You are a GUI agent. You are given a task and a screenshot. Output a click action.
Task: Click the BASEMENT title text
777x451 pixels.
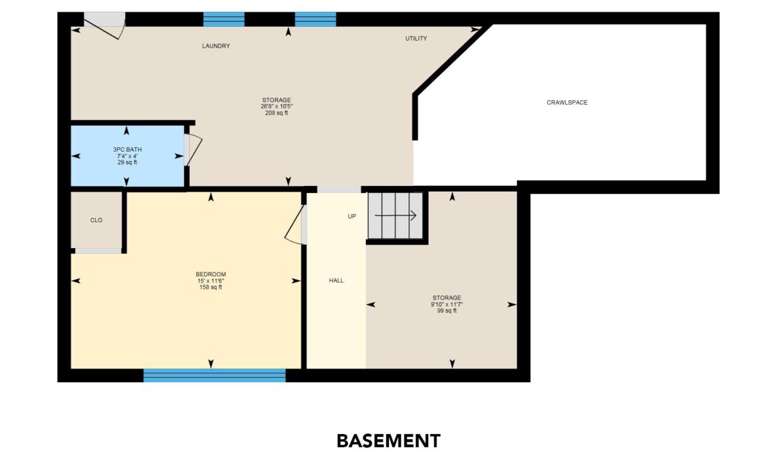pos(388,441)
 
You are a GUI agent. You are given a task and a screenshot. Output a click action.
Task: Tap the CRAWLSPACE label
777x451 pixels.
pos(567,103)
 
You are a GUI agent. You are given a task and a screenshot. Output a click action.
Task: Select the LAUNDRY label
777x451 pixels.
pos(216,46)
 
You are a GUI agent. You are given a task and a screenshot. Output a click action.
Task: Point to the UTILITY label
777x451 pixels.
pos(416,38)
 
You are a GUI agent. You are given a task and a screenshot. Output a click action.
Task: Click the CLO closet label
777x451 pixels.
pos(96,220)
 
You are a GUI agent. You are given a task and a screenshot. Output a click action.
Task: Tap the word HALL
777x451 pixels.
pos(336,281)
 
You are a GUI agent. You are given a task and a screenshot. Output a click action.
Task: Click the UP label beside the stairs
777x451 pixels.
pos(352,216)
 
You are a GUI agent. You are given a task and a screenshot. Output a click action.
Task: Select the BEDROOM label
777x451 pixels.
pos(211,274)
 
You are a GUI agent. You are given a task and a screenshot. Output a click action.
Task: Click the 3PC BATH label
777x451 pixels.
pos(127,150)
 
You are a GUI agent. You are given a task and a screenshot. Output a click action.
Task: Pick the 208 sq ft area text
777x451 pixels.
pos(276,113)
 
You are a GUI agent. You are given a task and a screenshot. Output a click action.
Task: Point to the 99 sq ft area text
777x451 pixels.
pos(447,311)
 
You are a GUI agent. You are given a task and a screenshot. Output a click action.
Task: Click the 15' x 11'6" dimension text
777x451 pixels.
pos(211,281)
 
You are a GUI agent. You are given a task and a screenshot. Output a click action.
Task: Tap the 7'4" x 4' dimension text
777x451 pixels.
pos(127,156)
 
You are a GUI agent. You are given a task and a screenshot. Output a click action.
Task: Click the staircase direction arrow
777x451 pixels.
pos(395,215)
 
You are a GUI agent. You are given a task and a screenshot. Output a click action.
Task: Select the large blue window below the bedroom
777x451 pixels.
pos(214,375)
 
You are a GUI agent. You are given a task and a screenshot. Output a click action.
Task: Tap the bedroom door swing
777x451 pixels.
pos(294,225)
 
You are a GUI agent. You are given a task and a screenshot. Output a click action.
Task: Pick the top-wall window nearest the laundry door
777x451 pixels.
pos(224,19)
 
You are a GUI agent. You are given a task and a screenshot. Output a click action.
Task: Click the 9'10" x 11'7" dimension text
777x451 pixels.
pos(447,304)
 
